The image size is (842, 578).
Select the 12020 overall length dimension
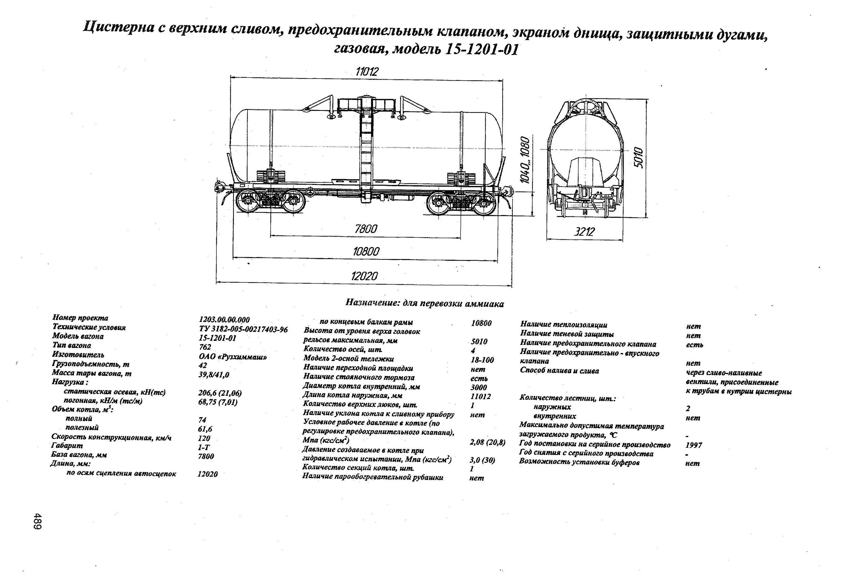click(364, 277)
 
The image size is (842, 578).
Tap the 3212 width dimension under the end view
click(584, 232)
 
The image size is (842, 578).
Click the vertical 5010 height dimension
click(639, 158)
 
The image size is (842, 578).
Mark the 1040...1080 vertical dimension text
click(525, 160)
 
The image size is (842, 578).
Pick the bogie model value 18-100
click(482, 360)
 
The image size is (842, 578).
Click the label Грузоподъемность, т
click(91, 364)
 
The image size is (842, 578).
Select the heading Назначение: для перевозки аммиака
click(424, 303)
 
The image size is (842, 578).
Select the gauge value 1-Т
click(204, 447)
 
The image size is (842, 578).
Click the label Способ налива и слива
click(559, 371)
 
